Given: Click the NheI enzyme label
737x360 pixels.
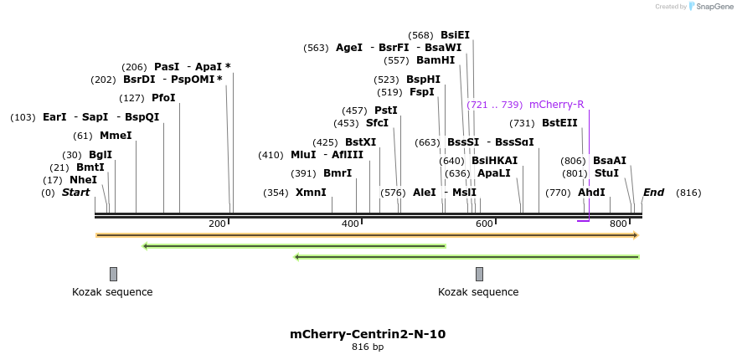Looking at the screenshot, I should click(83, 180).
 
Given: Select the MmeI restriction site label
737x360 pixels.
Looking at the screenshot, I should click(116, 136).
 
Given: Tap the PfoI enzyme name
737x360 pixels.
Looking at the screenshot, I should click(163, 98).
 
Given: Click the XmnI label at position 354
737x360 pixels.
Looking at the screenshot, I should click(311, 193).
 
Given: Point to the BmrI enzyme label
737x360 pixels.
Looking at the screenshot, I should click(338, 173).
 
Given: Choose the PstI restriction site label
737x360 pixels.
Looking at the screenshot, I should click(385, 111).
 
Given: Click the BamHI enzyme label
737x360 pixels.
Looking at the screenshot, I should click(435, 60).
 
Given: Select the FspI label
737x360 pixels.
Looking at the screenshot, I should click(422, 92).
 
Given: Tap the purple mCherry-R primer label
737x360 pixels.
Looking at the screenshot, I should click(556, 105).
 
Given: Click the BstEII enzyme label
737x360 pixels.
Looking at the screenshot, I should click(559, 123).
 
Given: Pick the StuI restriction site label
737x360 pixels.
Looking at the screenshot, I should click(606, 173).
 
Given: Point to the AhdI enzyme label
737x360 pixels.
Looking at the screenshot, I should click(591, 193).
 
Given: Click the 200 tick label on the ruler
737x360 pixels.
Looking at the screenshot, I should click(217, 224).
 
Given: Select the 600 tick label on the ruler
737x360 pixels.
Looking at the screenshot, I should click(484, 224).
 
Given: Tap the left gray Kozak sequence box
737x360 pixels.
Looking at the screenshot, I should click(113, 274).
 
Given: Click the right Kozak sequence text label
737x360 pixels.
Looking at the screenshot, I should click(478, 292).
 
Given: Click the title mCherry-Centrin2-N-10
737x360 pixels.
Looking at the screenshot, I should click(368, 334).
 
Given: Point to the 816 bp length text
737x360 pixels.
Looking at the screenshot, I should click(368, 347).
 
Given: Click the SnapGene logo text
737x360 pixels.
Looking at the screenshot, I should click(714, 7).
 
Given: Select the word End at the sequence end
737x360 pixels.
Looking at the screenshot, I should click(653, 193).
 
